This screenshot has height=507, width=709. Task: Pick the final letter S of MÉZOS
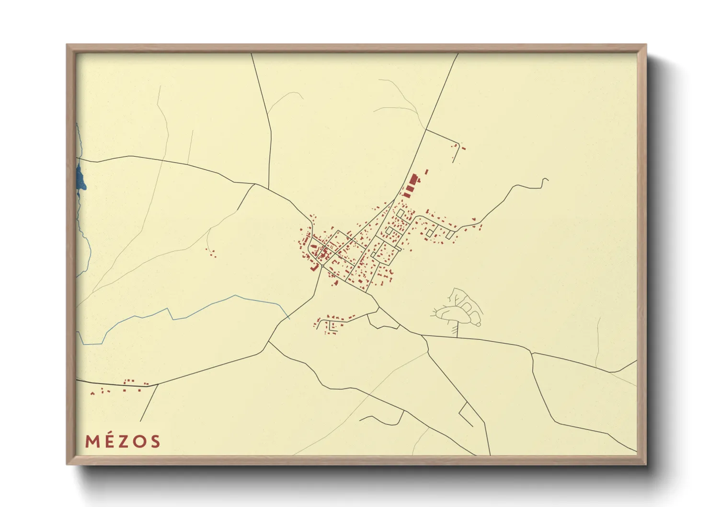[x=154, y=441]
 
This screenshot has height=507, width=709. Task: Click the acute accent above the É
[x=108, y=434]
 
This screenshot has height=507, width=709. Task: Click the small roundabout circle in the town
[x=322, y=264]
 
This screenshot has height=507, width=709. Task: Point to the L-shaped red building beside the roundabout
[x=316, y=267]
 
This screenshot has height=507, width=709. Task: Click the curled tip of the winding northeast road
[x=546, y=180]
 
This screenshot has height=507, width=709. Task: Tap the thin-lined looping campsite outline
[x=457, y=309]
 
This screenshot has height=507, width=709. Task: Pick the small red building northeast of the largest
[x=426, y=171]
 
